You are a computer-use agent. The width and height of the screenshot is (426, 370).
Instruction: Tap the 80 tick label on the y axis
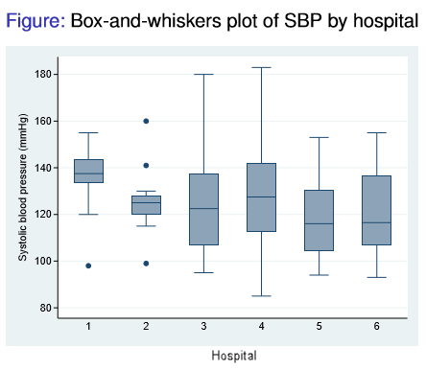point(47,308)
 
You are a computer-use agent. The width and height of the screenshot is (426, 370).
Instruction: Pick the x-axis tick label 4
point(261,327)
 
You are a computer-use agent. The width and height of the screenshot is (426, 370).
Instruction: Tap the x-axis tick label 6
point(377,327)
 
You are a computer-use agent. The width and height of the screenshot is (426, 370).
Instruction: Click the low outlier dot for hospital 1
point(88,266)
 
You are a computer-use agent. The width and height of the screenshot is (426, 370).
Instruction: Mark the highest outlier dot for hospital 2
point(146,121)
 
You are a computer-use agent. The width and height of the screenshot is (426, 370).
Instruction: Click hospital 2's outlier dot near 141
point(146,165)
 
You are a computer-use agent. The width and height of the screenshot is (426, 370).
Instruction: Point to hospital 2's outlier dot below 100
point(146,263)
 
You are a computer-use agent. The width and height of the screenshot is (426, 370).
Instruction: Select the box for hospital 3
point(203,209)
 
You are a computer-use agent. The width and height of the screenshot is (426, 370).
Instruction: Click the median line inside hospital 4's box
point(261,197)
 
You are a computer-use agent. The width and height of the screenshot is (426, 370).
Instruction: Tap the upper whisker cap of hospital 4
point(261,67)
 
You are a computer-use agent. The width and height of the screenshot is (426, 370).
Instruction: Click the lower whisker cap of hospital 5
point(319,275)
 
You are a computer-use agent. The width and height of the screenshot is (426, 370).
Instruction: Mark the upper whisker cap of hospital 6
point(377,132)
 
